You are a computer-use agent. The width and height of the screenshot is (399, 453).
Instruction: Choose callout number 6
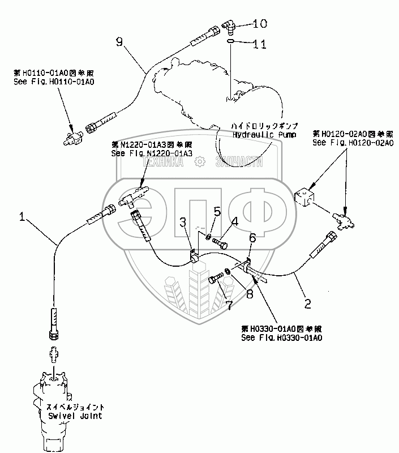click(252, 239)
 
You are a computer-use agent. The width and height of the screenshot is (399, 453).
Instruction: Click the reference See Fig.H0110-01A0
click(54, 82)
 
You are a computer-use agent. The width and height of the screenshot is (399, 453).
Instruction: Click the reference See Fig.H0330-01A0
click(281, 338)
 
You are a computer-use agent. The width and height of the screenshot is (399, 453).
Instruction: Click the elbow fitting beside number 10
click(229, 24)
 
